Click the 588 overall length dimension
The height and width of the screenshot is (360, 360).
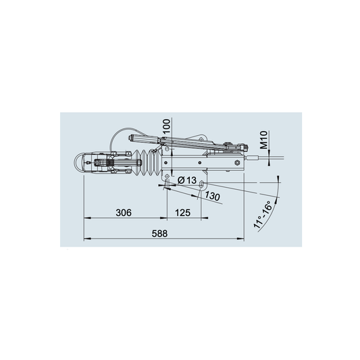click(159, 234)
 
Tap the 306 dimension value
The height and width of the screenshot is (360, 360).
click(124, 213)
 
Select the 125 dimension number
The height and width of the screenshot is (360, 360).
click(183, 213)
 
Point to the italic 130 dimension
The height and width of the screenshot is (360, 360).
click(212, 197)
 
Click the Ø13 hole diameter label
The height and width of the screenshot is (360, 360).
click(187, 180)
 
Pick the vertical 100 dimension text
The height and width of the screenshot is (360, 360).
click(166, 126)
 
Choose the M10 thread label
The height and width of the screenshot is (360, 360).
click(264, 140)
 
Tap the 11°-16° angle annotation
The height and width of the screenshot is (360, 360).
click(263, 214)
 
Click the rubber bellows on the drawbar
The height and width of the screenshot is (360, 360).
click(147, 162)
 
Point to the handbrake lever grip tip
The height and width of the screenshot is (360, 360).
click(130, 138)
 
